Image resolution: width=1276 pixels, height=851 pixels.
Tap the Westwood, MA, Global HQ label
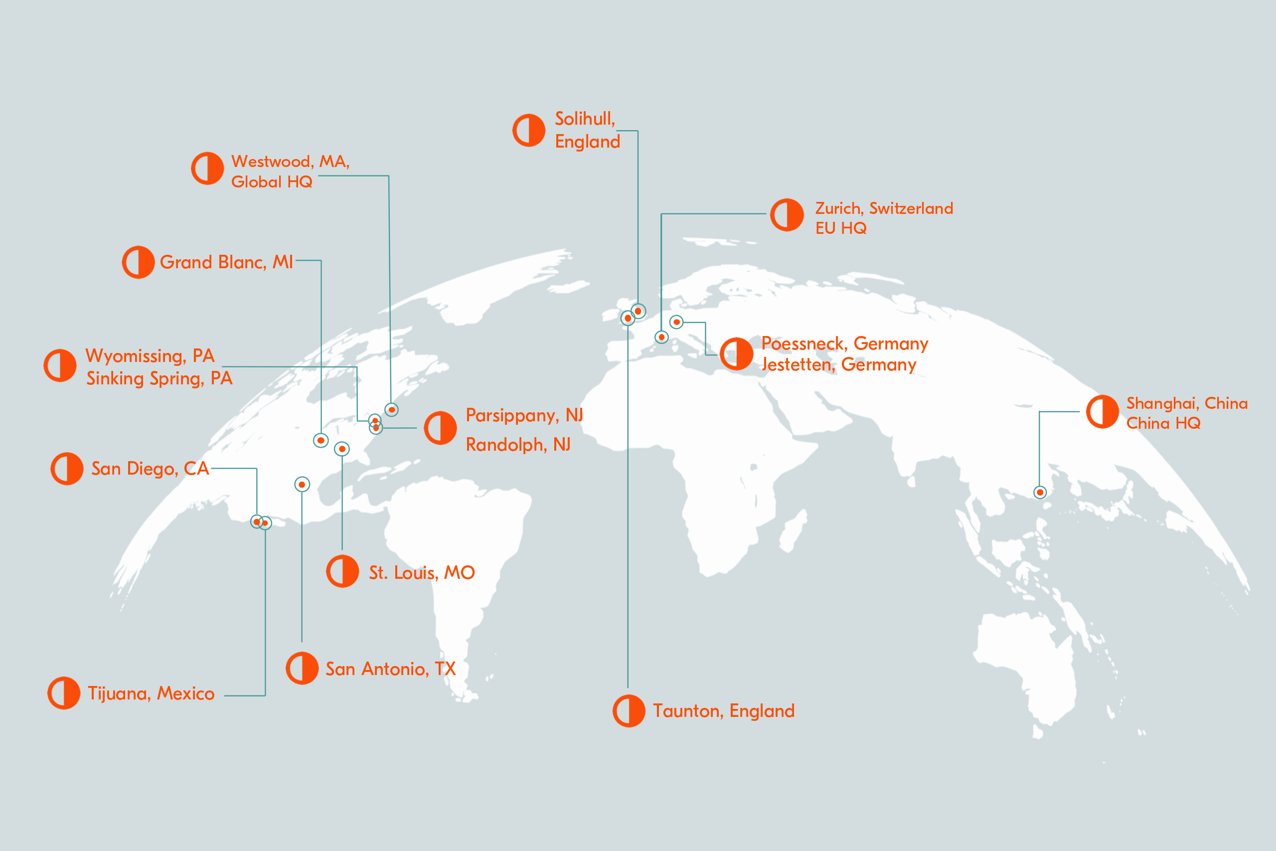(x=290, y=171)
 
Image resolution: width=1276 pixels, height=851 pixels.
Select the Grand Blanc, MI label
(x=226, y=262)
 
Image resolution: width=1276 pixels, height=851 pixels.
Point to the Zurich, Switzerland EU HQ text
(x=883, y=218)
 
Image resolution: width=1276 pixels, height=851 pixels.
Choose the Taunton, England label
(x=723, y=711)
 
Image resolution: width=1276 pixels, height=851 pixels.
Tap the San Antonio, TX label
(x=390, y=669)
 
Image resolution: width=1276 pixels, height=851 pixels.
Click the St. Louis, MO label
(x=422, y=573)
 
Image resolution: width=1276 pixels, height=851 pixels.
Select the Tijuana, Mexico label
(x=151, y=693)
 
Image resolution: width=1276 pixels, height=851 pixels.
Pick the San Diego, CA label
(x=150, y=469)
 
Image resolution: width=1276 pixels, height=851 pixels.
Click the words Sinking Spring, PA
(x=159, y=378)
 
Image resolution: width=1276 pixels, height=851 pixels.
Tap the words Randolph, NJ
(x=518, y=445)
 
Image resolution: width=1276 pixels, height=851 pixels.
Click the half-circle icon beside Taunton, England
(x=629, y=711)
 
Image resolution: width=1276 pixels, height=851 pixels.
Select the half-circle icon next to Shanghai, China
(x=1103, y=412)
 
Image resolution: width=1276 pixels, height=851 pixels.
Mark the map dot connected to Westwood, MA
(x=392, y=410)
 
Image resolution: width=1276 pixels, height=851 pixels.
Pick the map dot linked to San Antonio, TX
(x=302, y=484)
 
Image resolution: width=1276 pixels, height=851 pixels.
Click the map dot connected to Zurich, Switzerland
(x=661, y=337)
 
